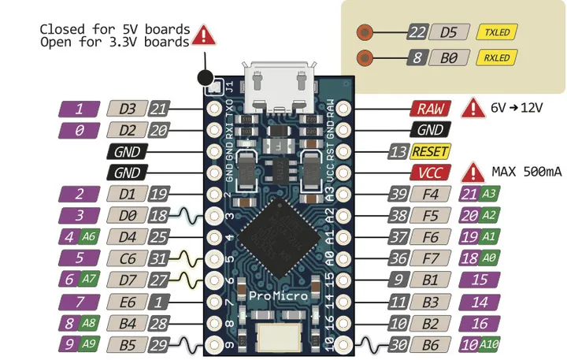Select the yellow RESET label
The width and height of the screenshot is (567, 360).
point(431,151)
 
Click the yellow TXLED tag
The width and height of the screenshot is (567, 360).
point(497,32)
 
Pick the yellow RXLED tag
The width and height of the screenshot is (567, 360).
point(497,58)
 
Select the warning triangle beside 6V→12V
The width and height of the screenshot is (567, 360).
point(472,108)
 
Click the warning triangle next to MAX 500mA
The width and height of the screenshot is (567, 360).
point(472,171)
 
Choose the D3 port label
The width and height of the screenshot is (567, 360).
point(126,109)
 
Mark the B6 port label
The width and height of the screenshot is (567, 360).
point(430,343)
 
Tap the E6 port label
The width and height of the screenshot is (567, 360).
point(126,301)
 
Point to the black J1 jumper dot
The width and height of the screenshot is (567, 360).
point(206,78)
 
